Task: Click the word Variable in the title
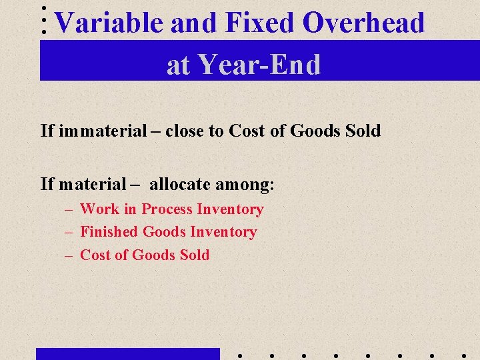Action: coord(109,23)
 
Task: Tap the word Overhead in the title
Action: coord(363,23)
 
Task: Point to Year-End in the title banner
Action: coord(259,65)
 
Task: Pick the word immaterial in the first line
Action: coord(102,131)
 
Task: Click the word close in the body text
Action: coord(185,131)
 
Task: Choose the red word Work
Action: coord(99,209)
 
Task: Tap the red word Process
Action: coord(167,209)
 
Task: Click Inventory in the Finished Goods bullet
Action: coord(223,232)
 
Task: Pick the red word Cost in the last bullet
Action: coord(94,255)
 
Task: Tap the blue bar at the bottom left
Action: coord(127,353)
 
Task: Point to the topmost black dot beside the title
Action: coord(44,8)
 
